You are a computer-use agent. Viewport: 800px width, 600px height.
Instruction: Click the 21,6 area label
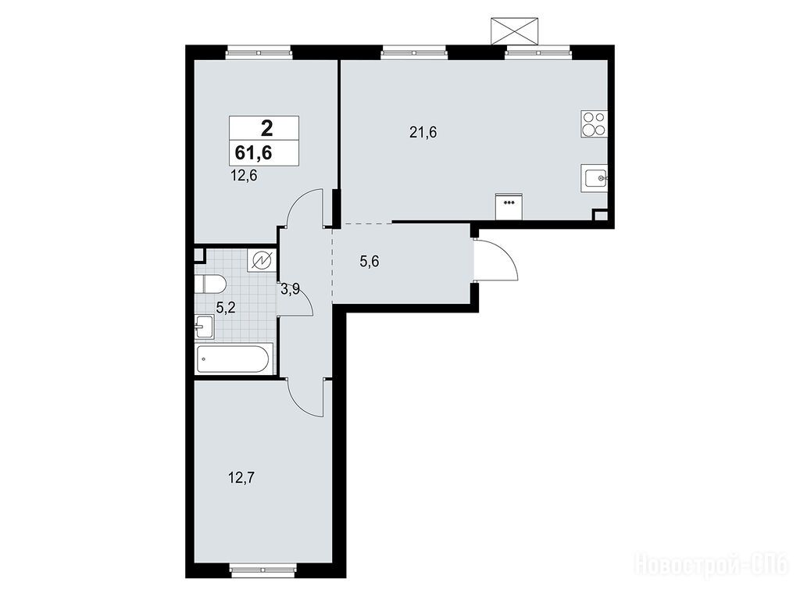[423, 133]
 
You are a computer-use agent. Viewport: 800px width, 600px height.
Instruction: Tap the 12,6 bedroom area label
[244, 176]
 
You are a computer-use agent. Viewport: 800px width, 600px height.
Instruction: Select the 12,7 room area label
[242, 478]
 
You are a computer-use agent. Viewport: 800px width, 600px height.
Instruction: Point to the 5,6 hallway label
[370, 262]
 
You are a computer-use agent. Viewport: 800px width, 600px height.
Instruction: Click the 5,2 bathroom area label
[226, 308]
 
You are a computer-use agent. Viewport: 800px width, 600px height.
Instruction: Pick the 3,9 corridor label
[291, 290]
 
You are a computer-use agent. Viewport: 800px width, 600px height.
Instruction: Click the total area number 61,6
[253, 152]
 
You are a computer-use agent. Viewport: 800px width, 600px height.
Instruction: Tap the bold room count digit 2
[266, 127]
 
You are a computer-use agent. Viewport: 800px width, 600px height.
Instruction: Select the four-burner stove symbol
[594, 124]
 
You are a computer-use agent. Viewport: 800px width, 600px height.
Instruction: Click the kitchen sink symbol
[595, 179]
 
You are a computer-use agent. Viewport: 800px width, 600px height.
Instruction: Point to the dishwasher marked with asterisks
[509, 206]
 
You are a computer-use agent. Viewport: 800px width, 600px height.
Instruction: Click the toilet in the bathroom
[209, 284]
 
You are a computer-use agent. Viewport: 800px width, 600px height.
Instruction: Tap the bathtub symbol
[232, 359]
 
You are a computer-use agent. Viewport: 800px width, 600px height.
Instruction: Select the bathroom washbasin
[205, 327]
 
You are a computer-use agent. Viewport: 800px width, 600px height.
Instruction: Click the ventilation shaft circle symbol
[262, 261]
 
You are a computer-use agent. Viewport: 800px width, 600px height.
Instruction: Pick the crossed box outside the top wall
[514, 31]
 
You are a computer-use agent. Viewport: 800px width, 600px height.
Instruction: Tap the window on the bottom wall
[263, 570]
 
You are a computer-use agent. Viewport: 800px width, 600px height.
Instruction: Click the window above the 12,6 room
[259, 52]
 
